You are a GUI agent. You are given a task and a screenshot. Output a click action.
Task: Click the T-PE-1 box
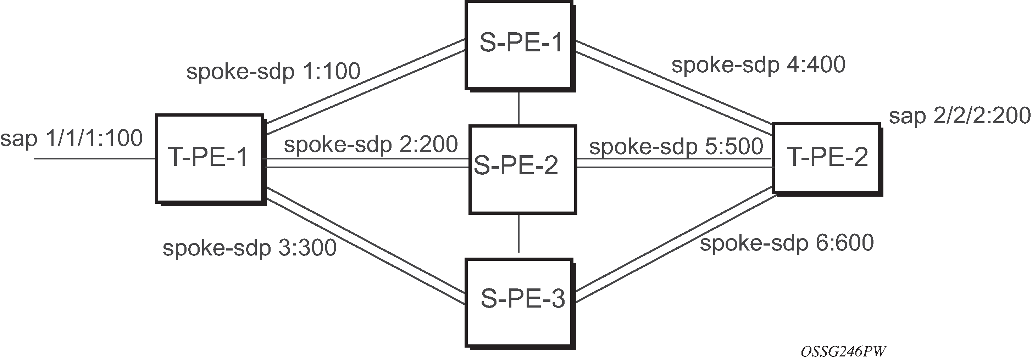coord(211,160)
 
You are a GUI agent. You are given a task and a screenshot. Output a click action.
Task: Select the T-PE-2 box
coord(827,159)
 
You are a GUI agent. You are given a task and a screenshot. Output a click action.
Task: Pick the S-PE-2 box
coord(522,170)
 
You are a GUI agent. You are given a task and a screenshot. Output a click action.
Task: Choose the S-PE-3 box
coord(520,304)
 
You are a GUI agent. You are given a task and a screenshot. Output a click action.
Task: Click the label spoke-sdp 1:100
coord(274,72)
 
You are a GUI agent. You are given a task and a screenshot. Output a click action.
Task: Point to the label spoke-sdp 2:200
coord(371,145)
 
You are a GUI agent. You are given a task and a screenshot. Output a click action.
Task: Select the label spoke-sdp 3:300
coord(250,248)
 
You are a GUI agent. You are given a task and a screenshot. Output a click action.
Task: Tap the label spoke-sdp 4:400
coord(758,65)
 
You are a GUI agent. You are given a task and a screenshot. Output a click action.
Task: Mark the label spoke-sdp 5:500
coord(676,147)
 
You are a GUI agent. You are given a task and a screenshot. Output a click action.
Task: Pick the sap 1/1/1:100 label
coord(71,139)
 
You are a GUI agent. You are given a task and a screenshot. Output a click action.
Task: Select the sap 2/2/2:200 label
coord(960,116)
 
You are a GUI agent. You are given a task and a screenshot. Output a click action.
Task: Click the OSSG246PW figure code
coord(843,351)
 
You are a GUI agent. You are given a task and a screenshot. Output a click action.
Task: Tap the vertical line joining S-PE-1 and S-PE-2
coord(519,108)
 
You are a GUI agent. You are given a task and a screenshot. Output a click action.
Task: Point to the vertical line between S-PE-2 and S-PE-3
coord(519,234)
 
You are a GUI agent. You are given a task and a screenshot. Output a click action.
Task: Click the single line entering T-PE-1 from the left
coord(95,159)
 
